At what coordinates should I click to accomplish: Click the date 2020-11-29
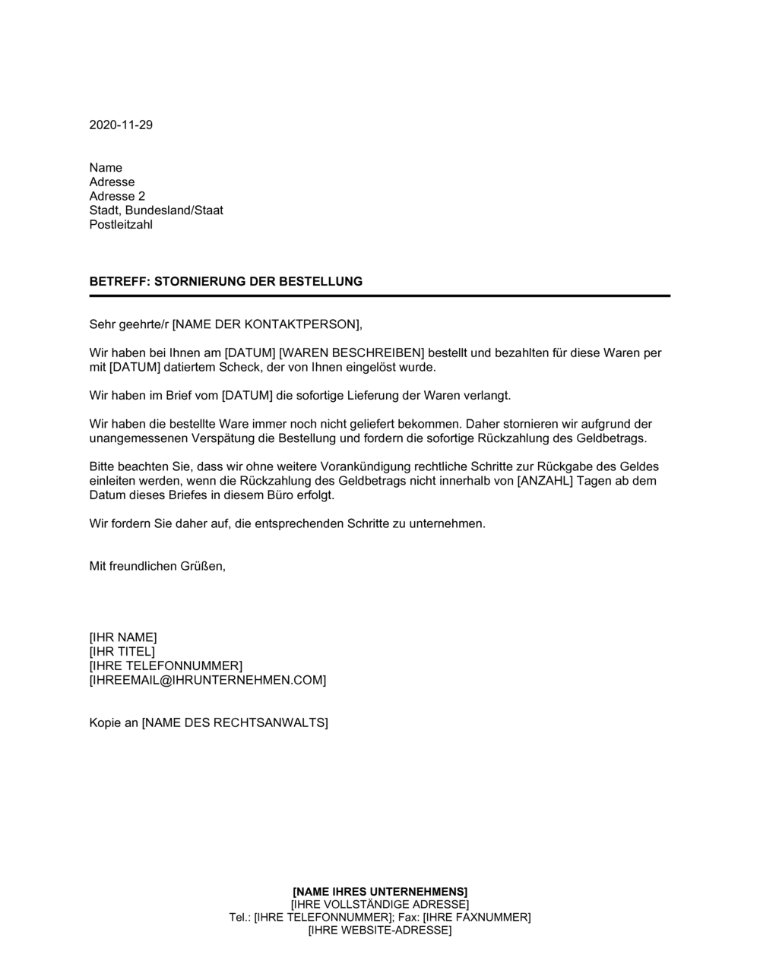121,125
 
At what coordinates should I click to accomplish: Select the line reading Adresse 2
117,196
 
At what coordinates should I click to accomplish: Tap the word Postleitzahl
121,225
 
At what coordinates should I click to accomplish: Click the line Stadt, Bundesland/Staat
156,210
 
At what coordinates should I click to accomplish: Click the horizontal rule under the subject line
380,296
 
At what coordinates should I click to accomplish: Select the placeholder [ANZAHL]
544,482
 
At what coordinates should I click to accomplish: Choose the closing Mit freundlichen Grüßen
157,566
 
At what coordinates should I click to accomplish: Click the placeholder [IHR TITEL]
122,652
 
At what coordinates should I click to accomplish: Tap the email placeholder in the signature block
207,681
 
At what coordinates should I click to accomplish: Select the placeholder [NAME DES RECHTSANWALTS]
235,722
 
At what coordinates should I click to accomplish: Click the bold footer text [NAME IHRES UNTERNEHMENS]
380,891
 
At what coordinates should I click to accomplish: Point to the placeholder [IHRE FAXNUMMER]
477,918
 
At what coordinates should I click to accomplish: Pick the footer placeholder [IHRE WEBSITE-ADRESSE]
380,931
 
